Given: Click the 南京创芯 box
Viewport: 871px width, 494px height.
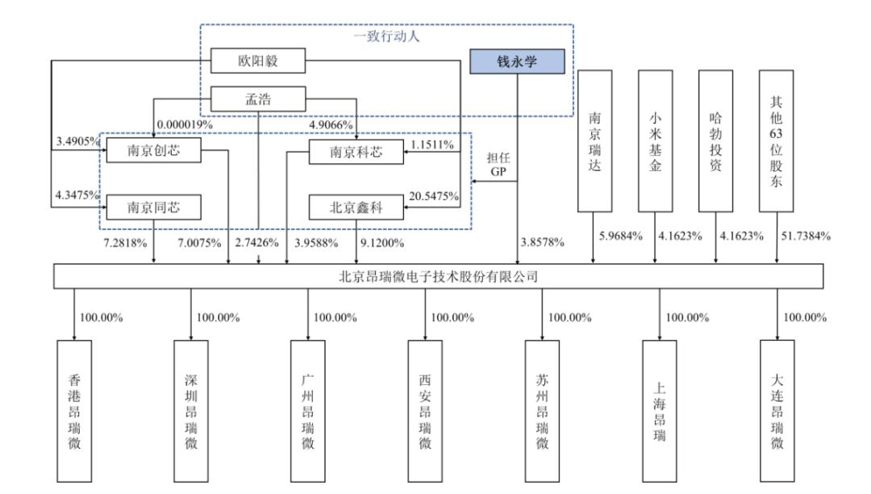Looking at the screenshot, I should pos(153,152).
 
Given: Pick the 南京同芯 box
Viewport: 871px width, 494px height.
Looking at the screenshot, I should pos(153,207).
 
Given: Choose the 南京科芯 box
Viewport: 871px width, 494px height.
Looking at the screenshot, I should pos(356,152).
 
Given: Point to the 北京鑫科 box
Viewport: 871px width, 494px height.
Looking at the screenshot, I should pos(356,207).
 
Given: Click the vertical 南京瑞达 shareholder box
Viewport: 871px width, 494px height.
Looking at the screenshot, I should pos(595,140).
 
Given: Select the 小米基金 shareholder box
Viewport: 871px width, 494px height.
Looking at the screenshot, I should pos(655,140).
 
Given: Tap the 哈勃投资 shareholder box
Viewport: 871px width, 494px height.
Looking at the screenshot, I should pos(717,140).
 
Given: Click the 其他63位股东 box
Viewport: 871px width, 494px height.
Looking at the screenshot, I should pos(777,140).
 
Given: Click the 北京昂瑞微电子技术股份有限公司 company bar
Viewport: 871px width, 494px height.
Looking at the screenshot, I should pos(438,277).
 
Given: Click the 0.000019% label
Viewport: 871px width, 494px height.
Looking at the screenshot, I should pos(185,124).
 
